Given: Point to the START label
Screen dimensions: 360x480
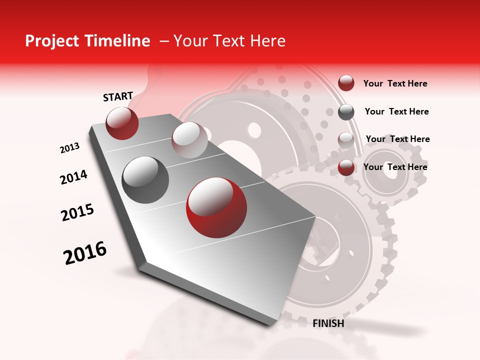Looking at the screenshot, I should (118, 96).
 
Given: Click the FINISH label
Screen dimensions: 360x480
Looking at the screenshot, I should (328, 323).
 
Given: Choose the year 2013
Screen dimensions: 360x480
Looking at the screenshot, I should (70, 148).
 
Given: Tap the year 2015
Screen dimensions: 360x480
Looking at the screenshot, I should (77, 212).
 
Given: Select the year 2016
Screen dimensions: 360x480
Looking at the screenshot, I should (85, 253).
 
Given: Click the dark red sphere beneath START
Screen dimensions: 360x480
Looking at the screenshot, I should (122, 123).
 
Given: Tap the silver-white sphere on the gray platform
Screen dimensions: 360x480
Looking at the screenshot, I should (189, 140).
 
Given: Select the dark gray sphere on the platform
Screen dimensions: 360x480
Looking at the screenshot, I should (145, 180).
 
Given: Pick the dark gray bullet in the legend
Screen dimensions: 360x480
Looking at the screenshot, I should (346, 112).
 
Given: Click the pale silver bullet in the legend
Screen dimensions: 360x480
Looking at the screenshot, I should (346, 140).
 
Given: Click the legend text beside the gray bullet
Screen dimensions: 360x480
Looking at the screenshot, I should (396, 111).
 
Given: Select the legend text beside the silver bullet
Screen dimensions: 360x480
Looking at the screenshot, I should (397, 139).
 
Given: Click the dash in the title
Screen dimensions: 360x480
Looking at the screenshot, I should (163, 41).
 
